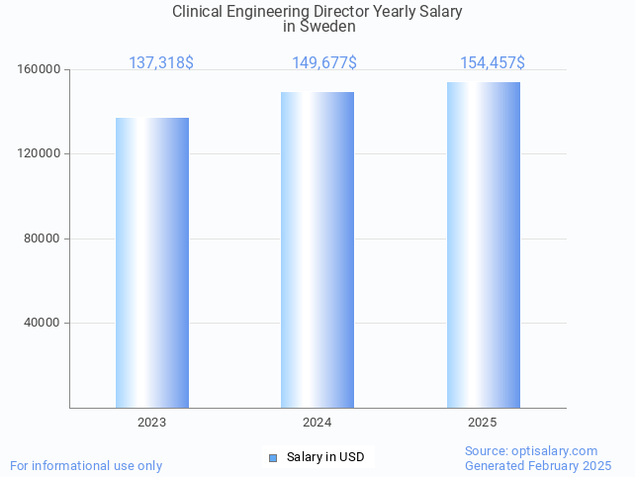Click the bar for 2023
click(x=152, y=262)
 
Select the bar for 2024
click(x=317, y=249)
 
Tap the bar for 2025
click(x=483, y=244)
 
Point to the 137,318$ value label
click(x=161, y=63)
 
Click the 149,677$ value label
click(x=324, y=63)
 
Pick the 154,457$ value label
click(x=492, y=63)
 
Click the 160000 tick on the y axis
click(x=40, y=70)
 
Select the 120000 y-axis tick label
click(x=40, y=154)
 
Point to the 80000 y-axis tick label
click(x=43, y=238)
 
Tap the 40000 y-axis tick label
click(x=43, y=323)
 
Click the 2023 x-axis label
click(x=151, y=423)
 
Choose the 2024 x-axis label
click(x=317, y=423)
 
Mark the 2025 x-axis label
click(x=483, y=423)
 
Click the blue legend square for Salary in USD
click(x=273, y=457)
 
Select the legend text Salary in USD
click(x=325, y=457)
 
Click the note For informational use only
click(x=86, y=465)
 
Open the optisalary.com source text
click(x=531, y=450)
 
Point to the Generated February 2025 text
click(x=538, y=465)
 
